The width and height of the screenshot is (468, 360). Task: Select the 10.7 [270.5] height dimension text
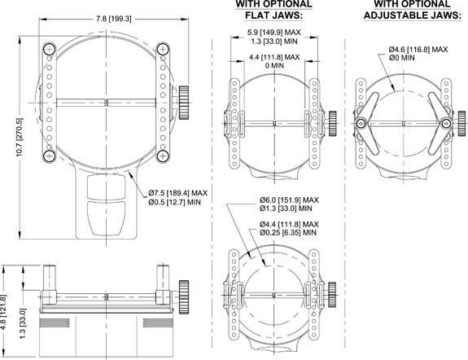(20, 137)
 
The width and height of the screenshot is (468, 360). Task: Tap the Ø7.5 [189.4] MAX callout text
(178, 193)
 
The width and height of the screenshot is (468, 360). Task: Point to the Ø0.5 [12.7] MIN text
(175, 202)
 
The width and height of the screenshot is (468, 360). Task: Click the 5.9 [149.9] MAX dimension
(274, 32)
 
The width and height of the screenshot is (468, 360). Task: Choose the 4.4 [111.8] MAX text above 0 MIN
(274, 57)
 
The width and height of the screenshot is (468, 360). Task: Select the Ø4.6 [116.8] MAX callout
(418, 50)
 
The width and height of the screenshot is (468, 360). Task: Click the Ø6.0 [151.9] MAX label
(289, 200)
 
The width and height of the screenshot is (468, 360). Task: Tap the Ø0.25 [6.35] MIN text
(288, 233)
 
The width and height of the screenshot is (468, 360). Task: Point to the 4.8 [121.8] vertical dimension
(3, 312)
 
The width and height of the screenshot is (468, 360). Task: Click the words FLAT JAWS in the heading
(274, 15)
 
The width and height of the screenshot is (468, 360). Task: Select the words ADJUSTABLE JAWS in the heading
(413, 15)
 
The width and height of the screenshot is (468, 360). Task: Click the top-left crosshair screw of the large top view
(50, 49)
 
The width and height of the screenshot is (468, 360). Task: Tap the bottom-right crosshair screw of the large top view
(163, 156)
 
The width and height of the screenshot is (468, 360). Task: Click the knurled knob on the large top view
(184, 103)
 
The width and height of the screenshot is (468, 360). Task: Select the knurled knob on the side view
(184, 297)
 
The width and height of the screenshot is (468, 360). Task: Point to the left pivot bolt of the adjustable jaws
(361, 123)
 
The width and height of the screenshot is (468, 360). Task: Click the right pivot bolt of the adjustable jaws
(446, 123)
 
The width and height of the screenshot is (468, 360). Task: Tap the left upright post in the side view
(50, 279)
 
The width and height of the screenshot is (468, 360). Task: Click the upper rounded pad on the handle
(106, 187)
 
